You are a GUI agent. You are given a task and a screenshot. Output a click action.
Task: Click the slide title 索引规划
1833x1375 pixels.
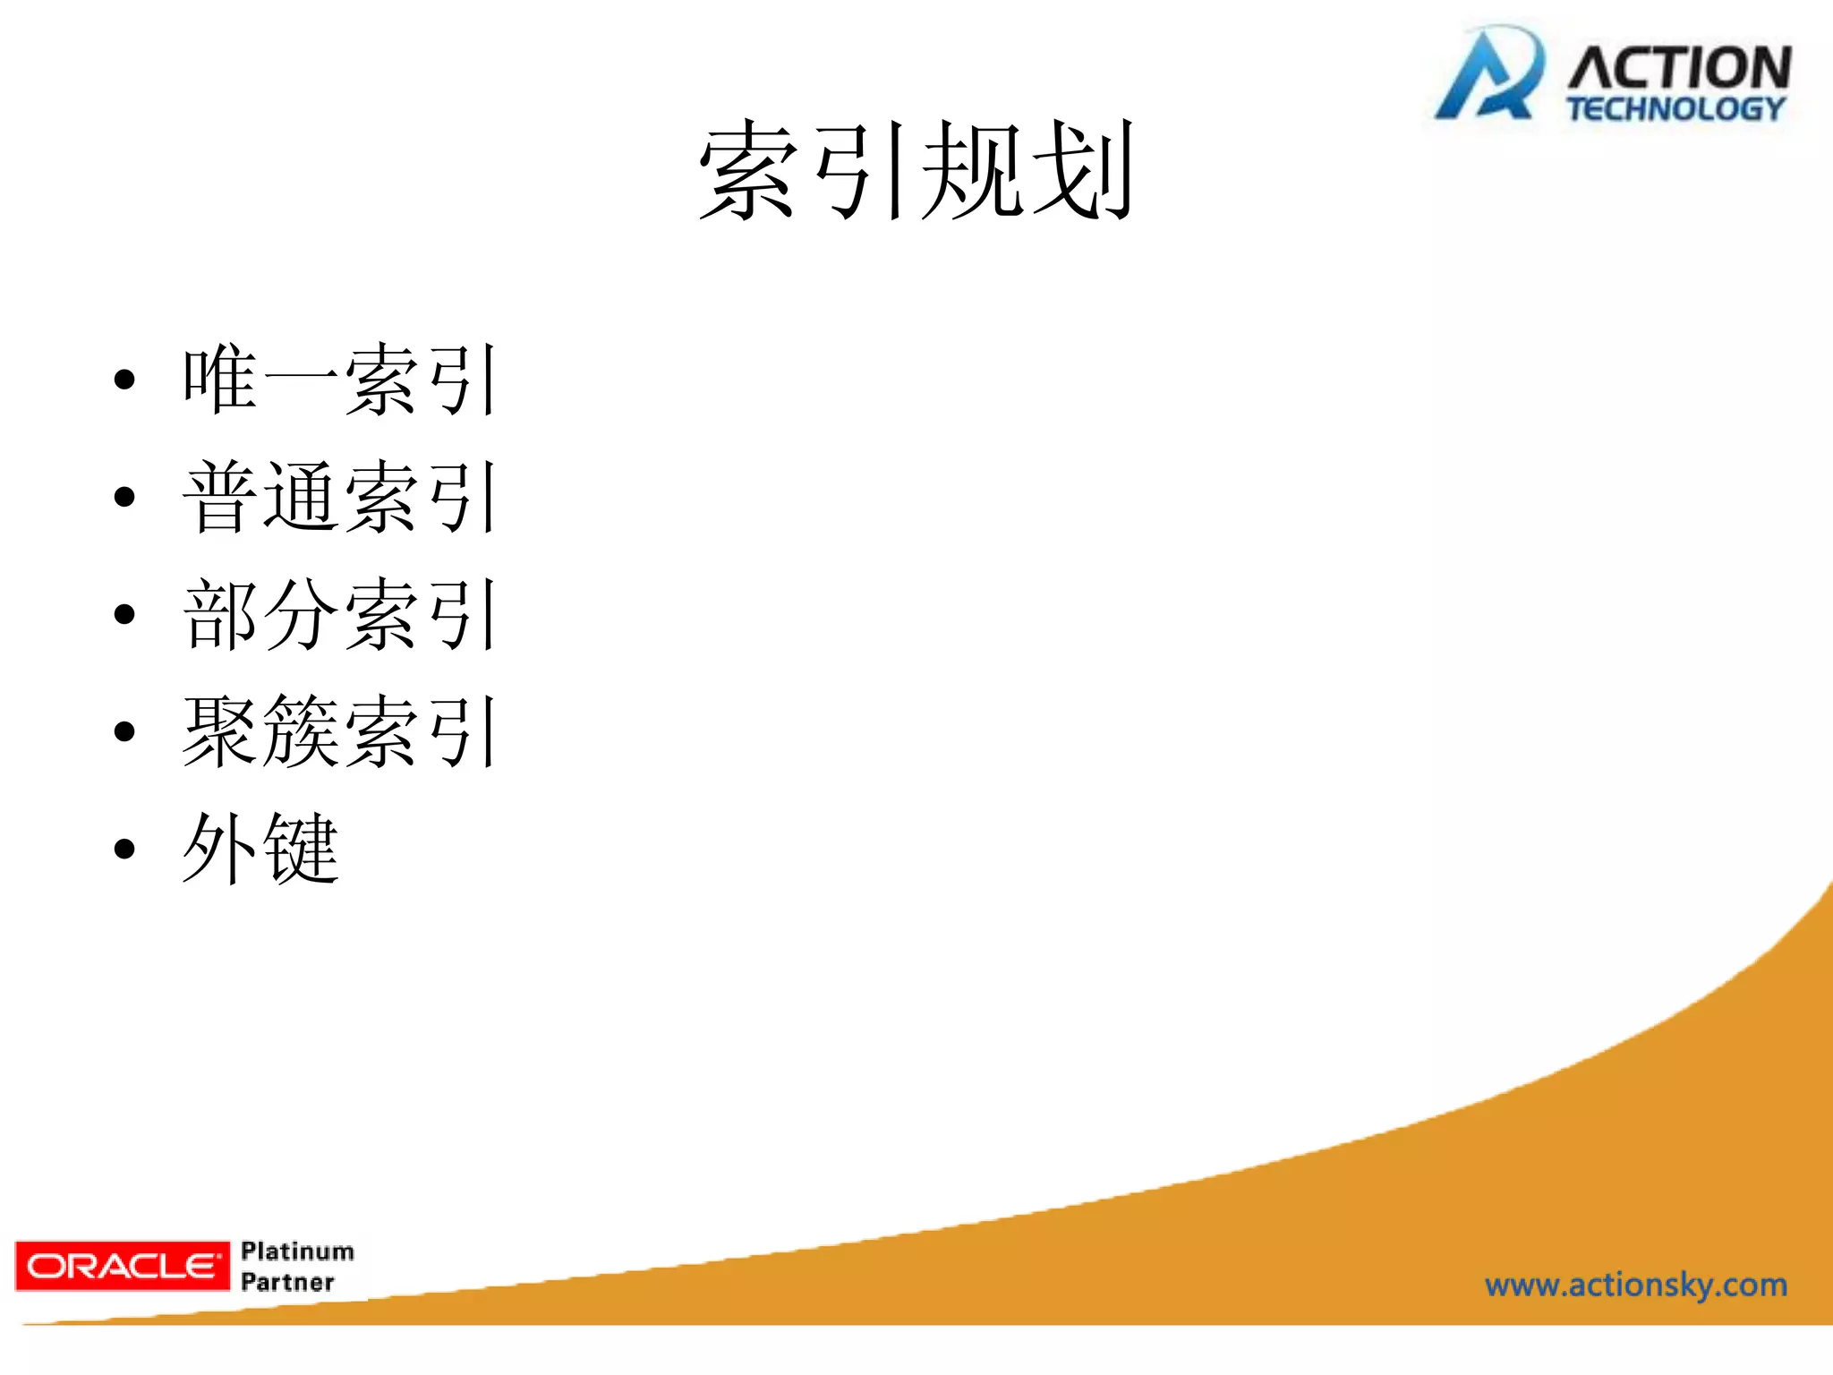[x=916, y=170]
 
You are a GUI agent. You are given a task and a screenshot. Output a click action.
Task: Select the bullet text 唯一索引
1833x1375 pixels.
[x=340, y=380]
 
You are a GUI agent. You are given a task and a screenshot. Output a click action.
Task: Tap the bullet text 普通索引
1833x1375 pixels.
[x=340, y=497]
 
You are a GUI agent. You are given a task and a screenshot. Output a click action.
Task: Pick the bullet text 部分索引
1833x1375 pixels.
[x=340, y=614]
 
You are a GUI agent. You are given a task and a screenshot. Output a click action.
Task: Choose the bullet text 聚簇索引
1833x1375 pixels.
[x=340, y=731]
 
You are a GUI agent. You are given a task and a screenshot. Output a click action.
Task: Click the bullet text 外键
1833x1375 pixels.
[x=260, y=849]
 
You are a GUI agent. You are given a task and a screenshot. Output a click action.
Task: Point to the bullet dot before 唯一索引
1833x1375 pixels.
[x=124, y=380]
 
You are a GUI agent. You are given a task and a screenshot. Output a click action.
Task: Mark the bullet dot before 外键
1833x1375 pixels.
[x=124, y=849]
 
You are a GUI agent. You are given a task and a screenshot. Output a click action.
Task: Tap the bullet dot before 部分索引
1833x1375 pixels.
[x=124, y=614]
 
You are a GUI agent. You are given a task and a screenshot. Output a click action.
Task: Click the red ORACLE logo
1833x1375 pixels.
[x=122, y=1266]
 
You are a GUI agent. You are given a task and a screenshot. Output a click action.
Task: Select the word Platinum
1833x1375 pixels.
[x=297, y=1251]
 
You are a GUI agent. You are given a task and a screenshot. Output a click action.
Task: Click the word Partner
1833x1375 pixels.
[x=287, y=1282]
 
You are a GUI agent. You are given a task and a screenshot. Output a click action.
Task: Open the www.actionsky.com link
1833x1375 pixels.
[x=1636, y=1285]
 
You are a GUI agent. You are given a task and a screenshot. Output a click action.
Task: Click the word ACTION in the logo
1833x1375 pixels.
[x=1679, y=68]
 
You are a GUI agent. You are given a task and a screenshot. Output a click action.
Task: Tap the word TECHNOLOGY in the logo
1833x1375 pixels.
[x=1675, y=109]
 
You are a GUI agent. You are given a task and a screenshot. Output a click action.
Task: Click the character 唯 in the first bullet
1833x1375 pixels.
[x=220, y=380]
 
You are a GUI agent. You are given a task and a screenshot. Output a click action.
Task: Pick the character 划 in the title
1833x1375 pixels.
[x=1084, y=170]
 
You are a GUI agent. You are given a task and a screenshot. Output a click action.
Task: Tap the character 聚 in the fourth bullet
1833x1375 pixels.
[x=220, y=731]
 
